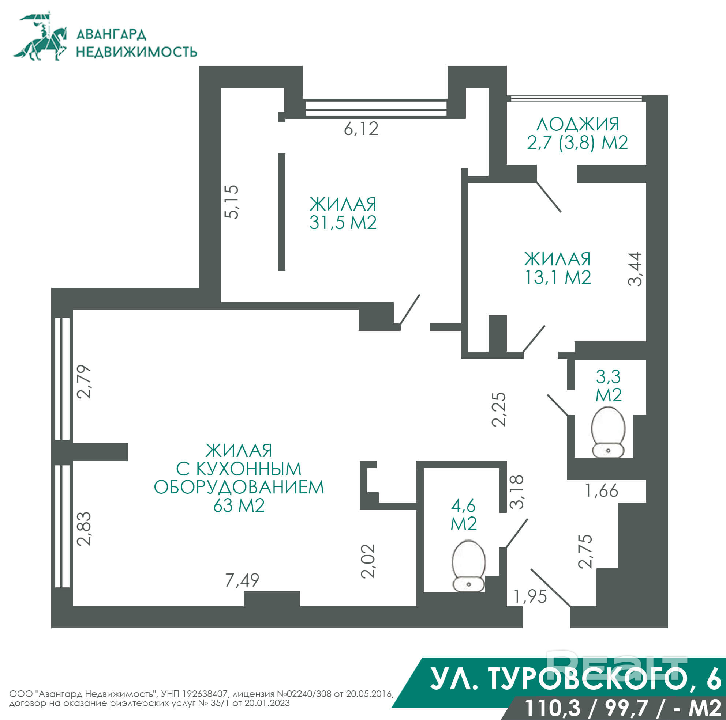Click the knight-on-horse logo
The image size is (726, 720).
[x=41, y=37]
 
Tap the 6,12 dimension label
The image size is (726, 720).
[x=361, y=129]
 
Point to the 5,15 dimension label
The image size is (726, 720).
[x=232, y=202]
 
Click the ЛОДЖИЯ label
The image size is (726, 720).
[x=577, y=124]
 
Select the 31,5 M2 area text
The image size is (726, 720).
[x=343, y=223]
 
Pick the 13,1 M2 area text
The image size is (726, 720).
[x=558, y=277]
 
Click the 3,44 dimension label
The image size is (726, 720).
[x=635, y=269]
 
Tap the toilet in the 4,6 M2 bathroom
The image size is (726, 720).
[x=469, y=566]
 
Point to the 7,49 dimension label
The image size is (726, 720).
[x=242, y=580]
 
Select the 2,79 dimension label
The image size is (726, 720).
[x=84, y=382]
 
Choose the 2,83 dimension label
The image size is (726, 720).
[x=84, y=528]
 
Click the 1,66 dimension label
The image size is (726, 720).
[x=602, y=490]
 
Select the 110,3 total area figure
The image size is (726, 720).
[x=552, y=708]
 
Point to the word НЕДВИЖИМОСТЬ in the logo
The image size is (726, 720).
[x=137, y=52]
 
